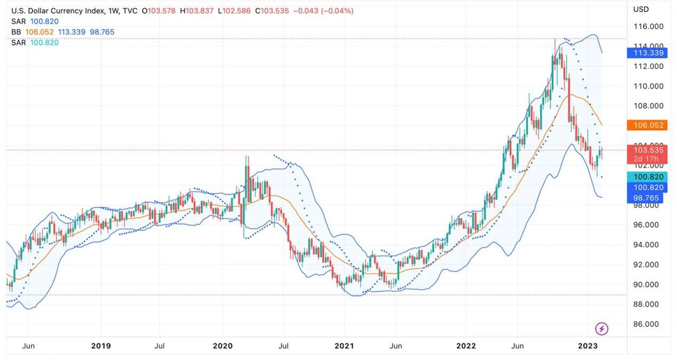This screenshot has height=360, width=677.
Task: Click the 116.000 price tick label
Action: tap(648, 27)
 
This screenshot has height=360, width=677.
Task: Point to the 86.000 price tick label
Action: tap(648, 324)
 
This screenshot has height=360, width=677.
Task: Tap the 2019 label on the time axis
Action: tap(101, 346)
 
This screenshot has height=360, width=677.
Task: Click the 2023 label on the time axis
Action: tap(588, 346)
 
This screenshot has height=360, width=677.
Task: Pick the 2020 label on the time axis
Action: tap(222, 346)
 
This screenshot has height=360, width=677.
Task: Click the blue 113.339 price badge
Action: tap(648, 53)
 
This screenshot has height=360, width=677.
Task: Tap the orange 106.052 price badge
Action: tap(648, 125)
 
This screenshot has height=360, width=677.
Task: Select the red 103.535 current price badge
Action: tap(648, 150)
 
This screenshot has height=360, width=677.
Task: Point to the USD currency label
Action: tap(641, 9)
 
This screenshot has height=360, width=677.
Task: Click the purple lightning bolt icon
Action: tap(602, 329)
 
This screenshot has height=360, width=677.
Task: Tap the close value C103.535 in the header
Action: tap(272, 11)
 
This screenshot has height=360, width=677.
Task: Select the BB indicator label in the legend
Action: tap(15, 32)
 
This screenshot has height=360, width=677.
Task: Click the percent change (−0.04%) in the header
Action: tap(337, 11)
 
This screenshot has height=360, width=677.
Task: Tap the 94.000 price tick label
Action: tap(648, 245)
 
